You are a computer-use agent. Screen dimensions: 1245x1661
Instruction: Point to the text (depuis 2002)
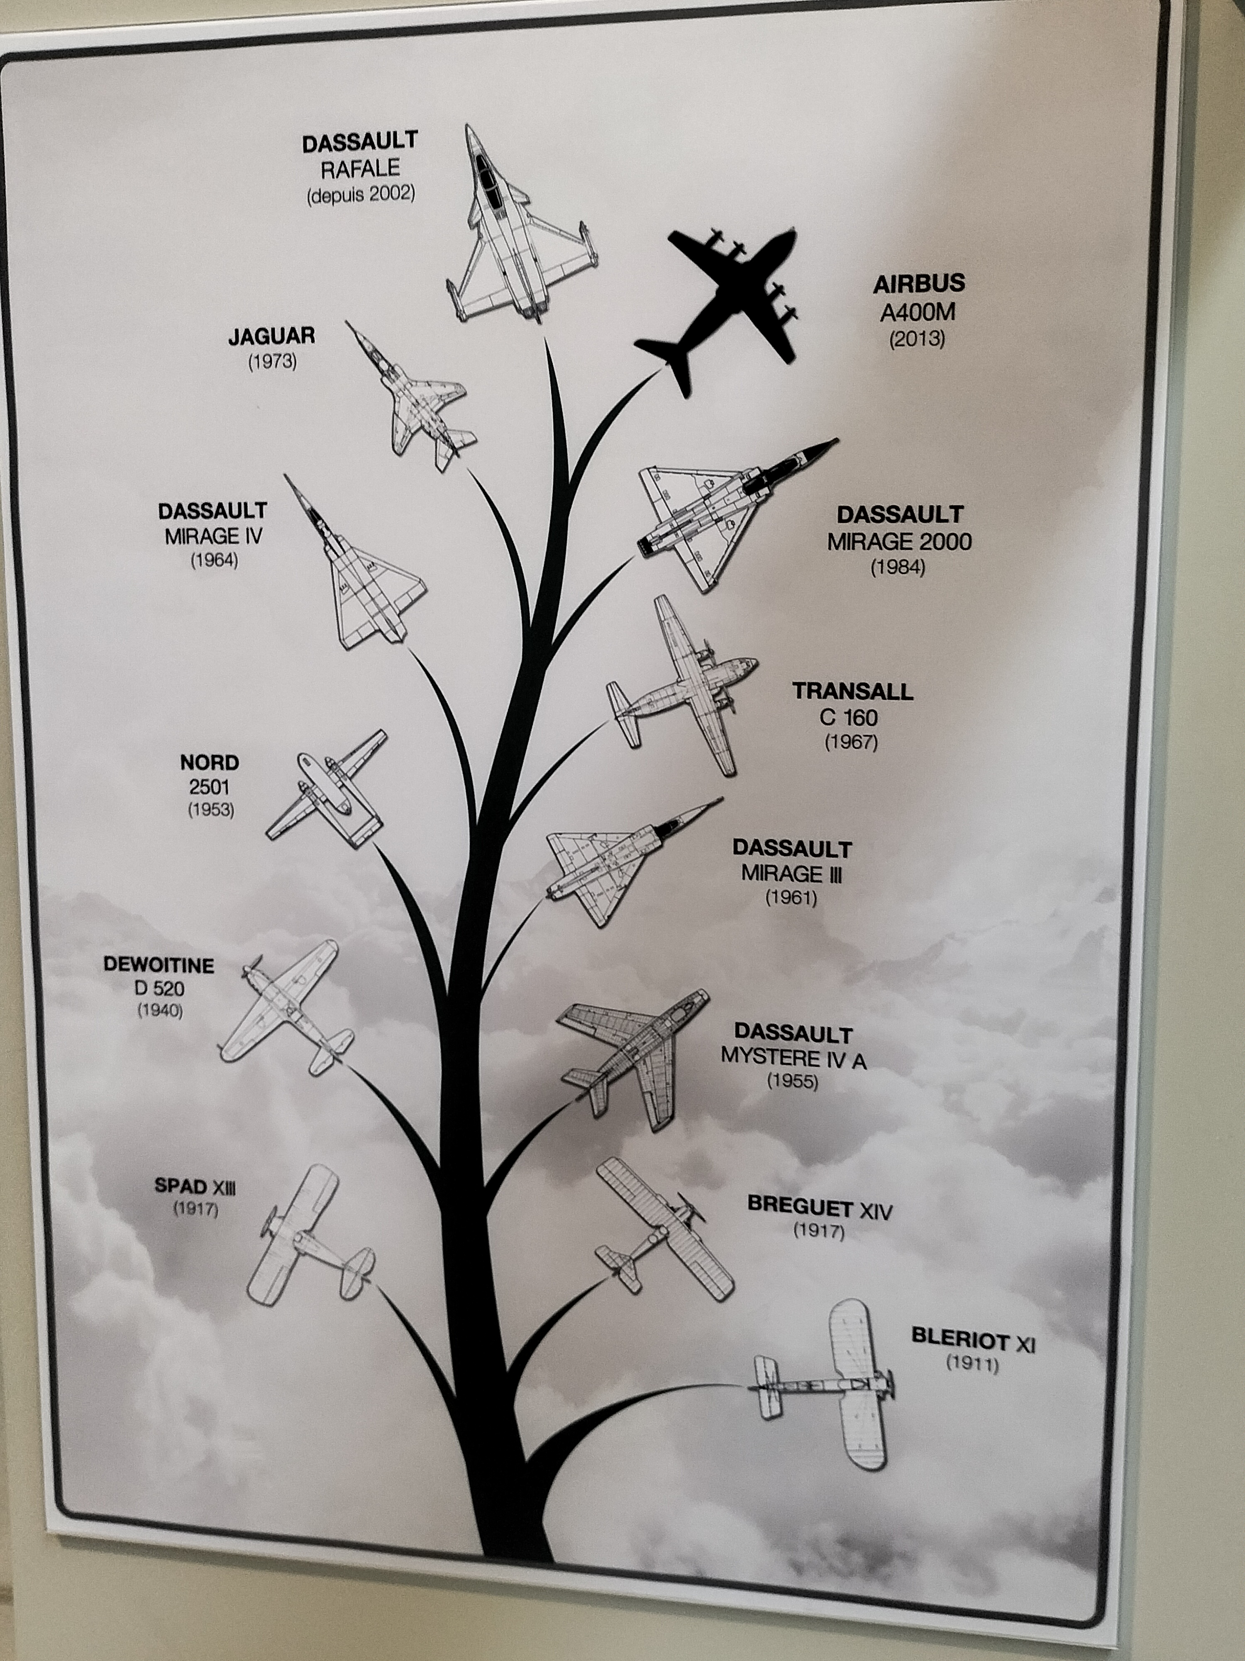360,194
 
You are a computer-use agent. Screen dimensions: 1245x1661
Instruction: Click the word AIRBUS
918,284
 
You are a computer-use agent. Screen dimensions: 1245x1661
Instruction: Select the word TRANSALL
852,691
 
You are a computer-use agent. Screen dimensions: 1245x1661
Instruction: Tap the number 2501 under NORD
210,787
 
